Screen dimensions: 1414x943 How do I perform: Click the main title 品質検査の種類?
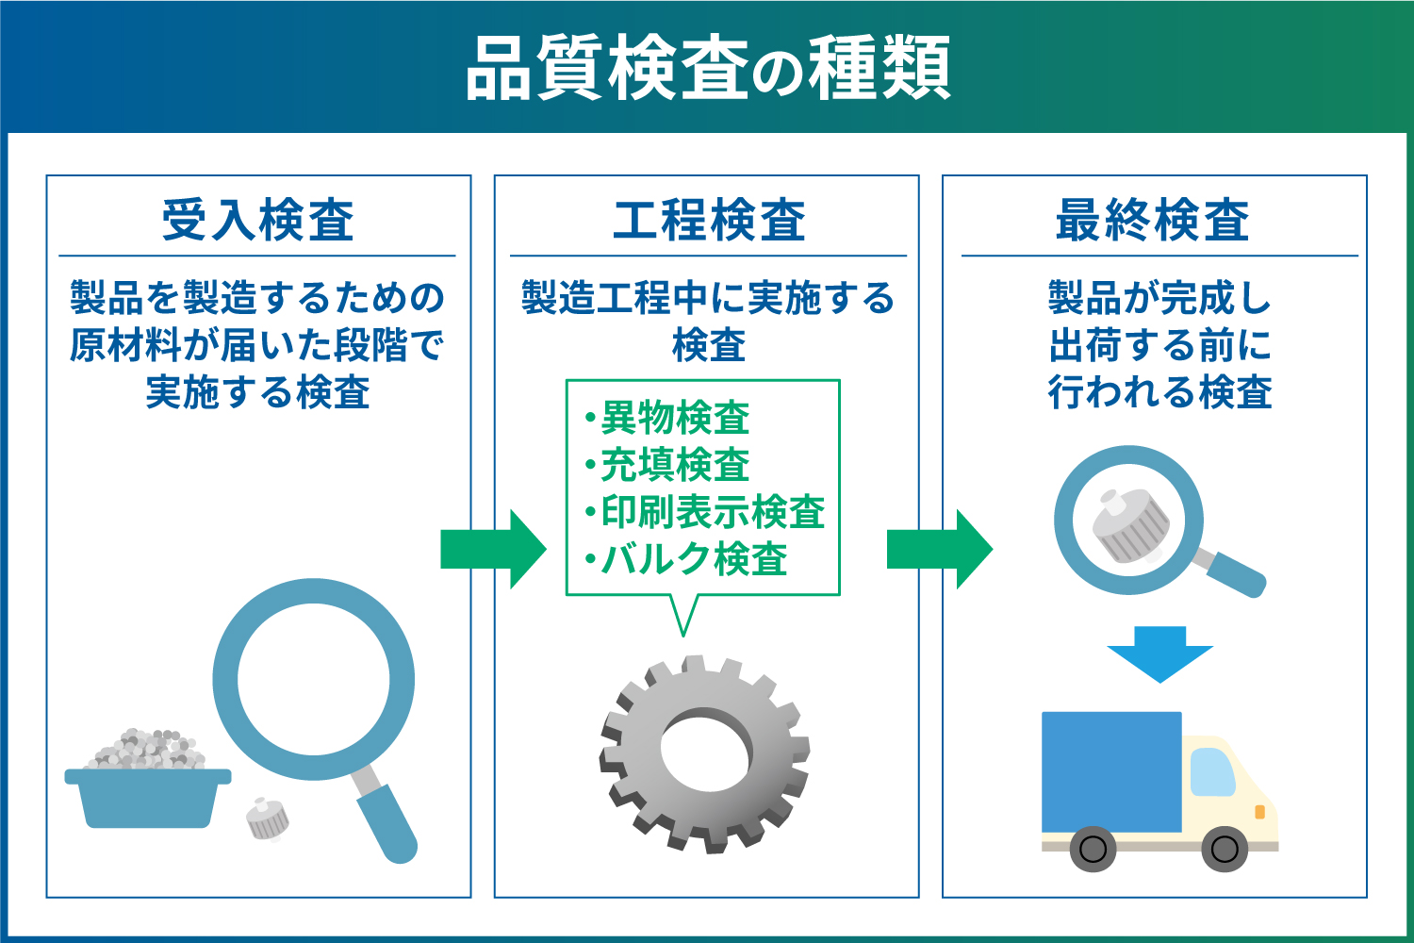point(708,68)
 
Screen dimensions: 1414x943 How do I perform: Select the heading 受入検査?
point(257,220)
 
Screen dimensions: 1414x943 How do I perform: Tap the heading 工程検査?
point(709,220)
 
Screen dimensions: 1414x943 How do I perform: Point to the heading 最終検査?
point(1152,220)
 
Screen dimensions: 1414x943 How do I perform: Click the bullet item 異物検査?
point(667,418)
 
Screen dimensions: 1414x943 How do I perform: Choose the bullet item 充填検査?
point(667,465)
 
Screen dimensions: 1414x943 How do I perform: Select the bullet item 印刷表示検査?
point(705,512)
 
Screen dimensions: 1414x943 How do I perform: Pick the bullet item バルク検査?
point(687,559)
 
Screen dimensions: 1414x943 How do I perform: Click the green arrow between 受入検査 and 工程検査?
point(494,550)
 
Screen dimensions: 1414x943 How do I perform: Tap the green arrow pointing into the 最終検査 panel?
point(940,550)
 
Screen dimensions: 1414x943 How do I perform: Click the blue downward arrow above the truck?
point(1160,654)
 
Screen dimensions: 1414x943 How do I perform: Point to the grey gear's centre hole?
point(706,747)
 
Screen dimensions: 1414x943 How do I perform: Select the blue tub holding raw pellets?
point(148,798)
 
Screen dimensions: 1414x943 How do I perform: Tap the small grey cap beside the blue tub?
point(267,819)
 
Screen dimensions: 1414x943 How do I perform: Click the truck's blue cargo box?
point(1111,771)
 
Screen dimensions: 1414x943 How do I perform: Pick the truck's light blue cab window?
point(1212,771)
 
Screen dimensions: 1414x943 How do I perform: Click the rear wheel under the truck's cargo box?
point(1093,849)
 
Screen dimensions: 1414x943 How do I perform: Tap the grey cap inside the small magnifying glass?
point(1132,525)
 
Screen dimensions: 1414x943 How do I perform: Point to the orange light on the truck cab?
point(1260,812)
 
